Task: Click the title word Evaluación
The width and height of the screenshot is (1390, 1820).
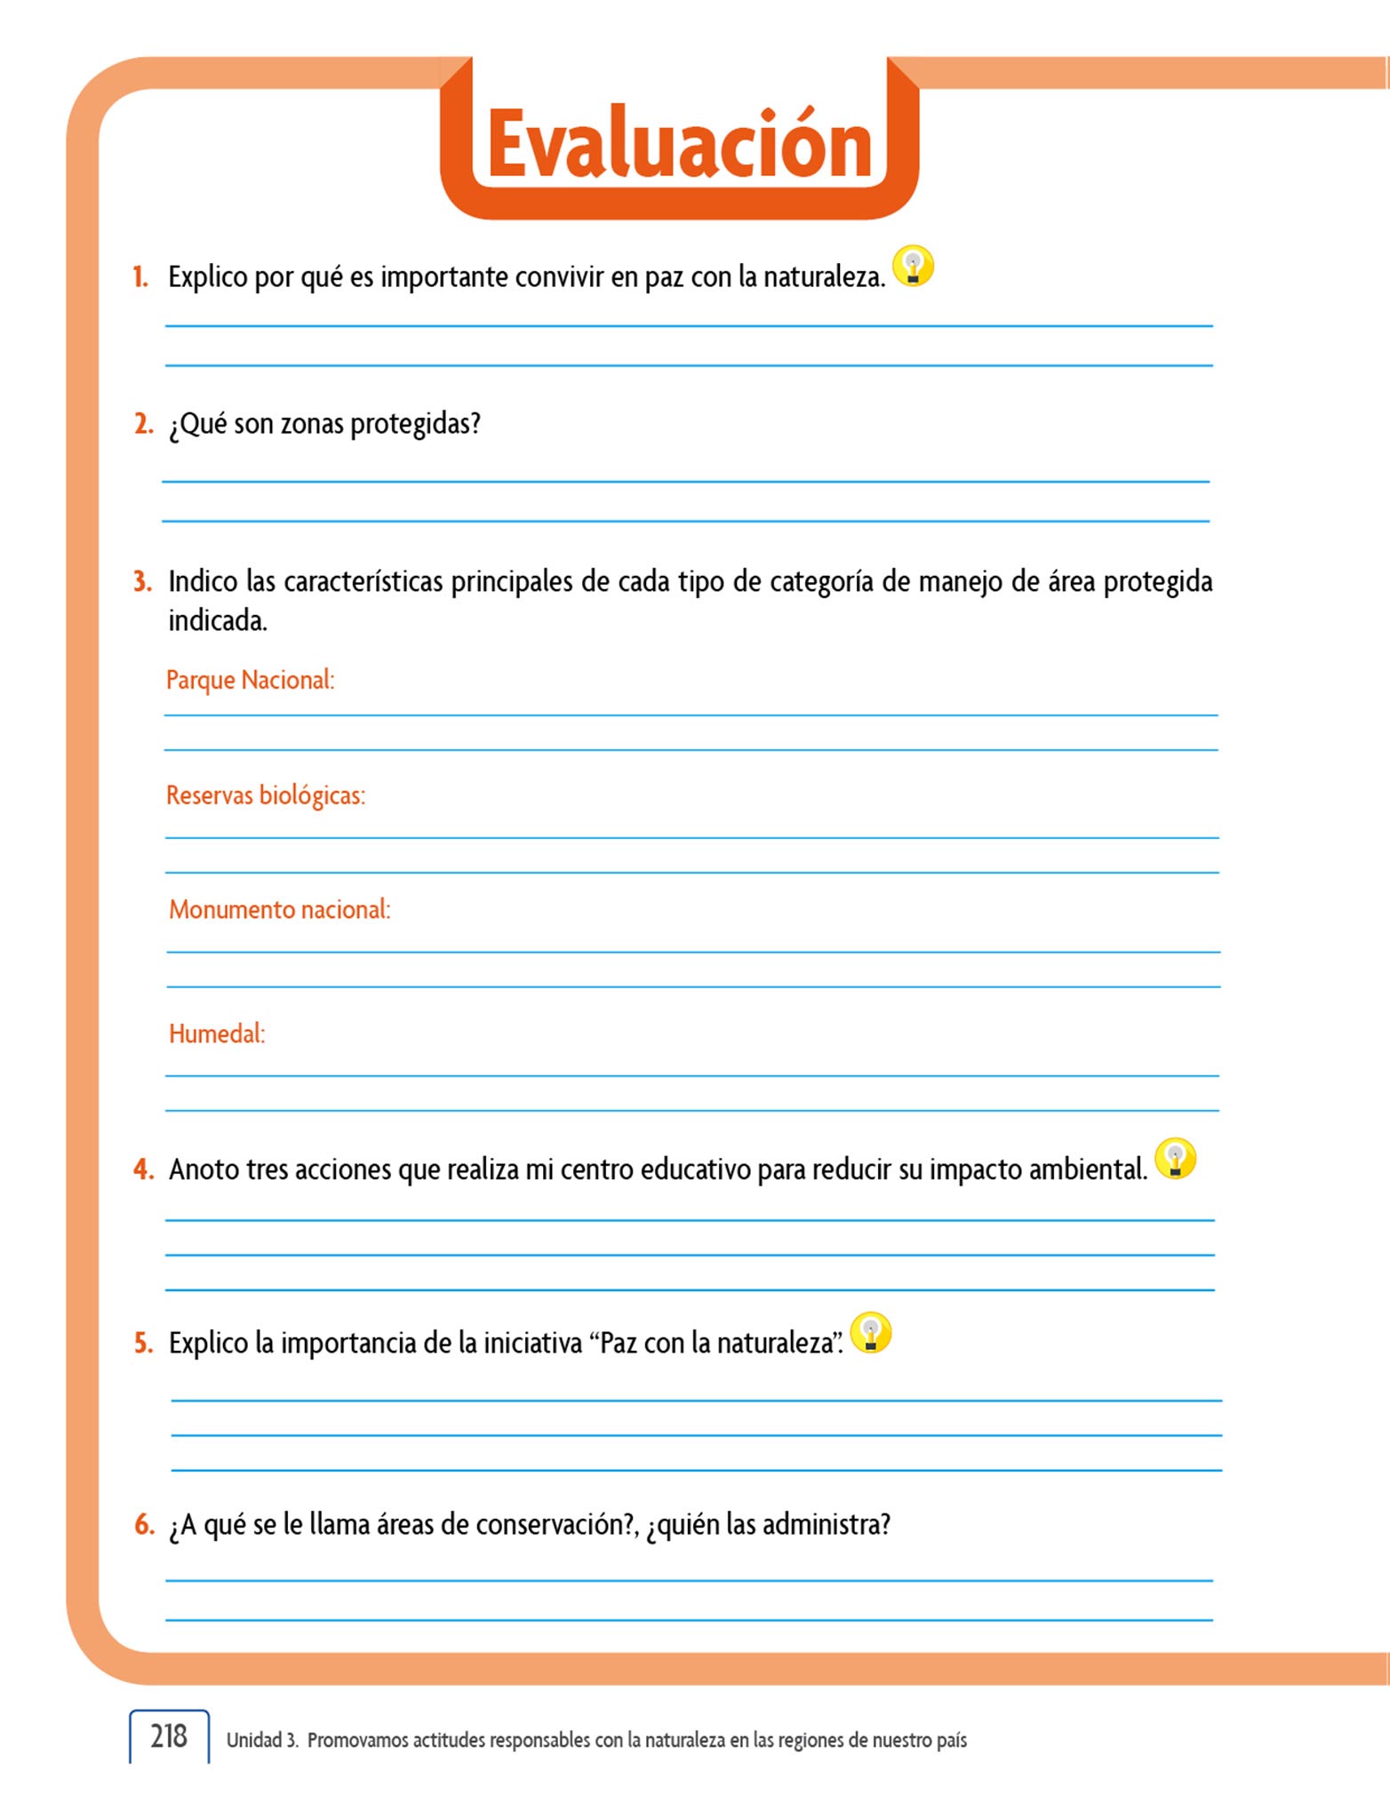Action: [680, 145]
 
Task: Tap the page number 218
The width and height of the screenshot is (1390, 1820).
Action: [169, 1736]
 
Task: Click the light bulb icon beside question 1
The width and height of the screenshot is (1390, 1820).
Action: [913, 266]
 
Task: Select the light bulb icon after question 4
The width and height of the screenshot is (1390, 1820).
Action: [1175, 1159]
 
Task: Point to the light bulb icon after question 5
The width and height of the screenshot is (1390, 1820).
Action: [871, 1333]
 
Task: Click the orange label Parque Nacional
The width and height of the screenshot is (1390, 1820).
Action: [250, 680]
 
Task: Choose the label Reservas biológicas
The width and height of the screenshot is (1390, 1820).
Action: [265, 794]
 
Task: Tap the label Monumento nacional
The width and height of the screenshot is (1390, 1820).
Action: [279, 909]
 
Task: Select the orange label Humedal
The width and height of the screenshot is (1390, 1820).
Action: [217, 1034]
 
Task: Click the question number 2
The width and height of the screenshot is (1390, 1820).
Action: [143, 424]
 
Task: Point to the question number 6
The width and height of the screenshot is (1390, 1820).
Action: [144, 1525]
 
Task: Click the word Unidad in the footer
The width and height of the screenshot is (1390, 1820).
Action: [254, 1740]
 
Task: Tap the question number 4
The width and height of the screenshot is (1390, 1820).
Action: [143, 1169]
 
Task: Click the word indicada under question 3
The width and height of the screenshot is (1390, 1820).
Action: [217, 620]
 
